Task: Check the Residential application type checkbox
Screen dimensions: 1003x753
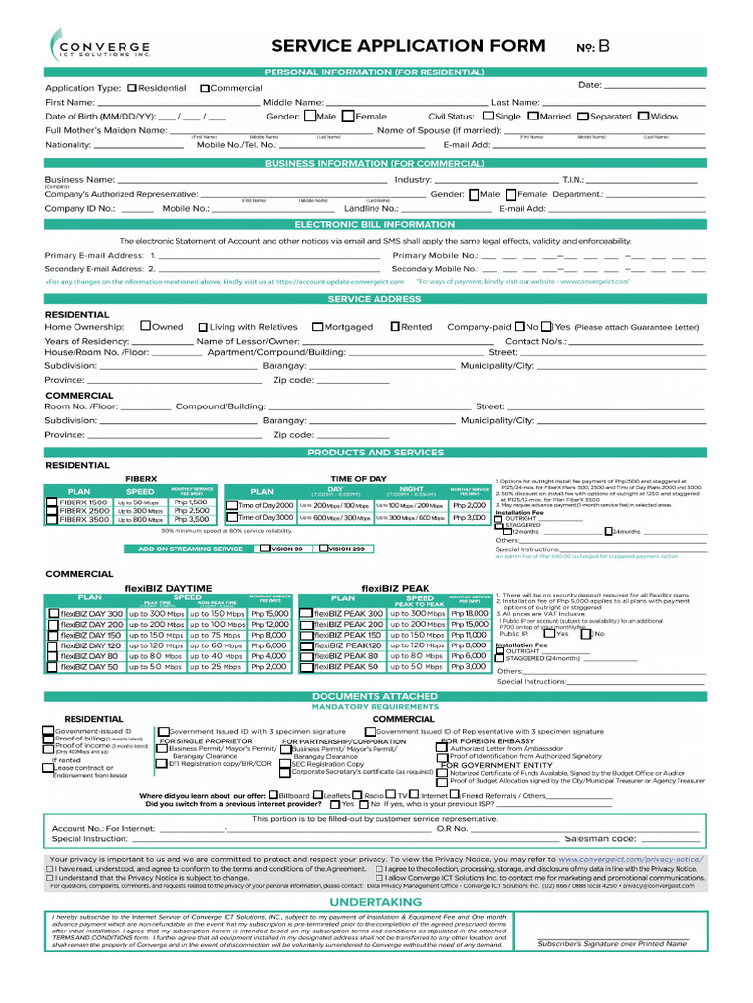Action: click(x=132, y=88)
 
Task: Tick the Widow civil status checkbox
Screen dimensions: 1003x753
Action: click(x=643, y=116)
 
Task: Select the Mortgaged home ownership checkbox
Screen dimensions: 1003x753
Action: click(x=317, y=327)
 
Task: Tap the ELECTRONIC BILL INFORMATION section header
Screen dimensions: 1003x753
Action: click(x=376, y=224)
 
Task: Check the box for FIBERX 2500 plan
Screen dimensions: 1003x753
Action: click(x=52, y=510)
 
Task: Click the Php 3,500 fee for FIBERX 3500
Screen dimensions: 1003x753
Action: click(x=191, y=519)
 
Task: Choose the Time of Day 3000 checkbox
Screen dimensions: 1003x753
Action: click(x=231, y=517)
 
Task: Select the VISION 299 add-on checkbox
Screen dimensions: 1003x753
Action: click(x=324, y=549)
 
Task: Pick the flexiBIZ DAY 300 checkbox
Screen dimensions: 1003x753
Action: click(x=54, y=614)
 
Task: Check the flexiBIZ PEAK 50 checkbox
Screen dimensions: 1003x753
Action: click(x=305, y=666)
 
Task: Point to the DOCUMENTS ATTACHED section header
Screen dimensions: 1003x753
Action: click(x=376, y=695)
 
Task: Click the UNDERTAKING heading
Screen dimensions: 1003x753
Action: click(x=376, y=901)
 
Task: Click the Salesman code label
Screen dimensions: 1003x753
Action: click(x=600, y=839)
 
